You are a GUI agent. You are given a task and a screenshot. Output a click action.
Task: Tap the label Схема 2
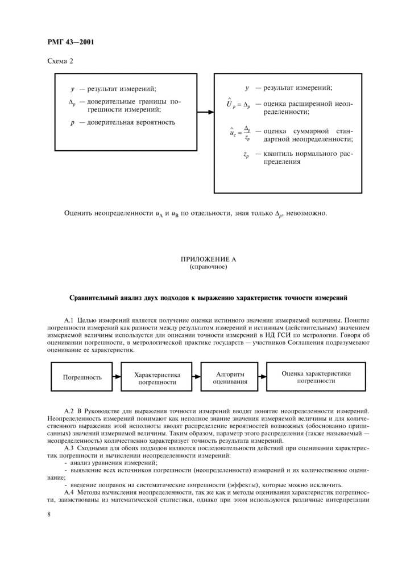[x=60, y=61]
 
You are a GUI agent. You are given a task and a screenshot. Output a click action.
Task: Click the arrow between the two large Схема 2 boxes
[x=205, y=112]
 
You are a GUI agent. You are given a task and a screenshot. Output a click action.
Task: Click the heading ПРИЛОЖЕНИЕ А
[x=208, y=259]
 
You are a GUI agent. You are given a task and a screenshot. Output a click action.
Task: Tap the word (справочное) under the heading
[x=208, y=266]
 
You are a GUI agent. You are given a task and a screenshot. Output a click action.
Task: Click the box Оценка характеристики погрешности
[x=316, y=377]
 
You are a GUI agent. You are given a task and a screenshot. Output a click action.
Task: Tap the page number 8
[x=49, y=514]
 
